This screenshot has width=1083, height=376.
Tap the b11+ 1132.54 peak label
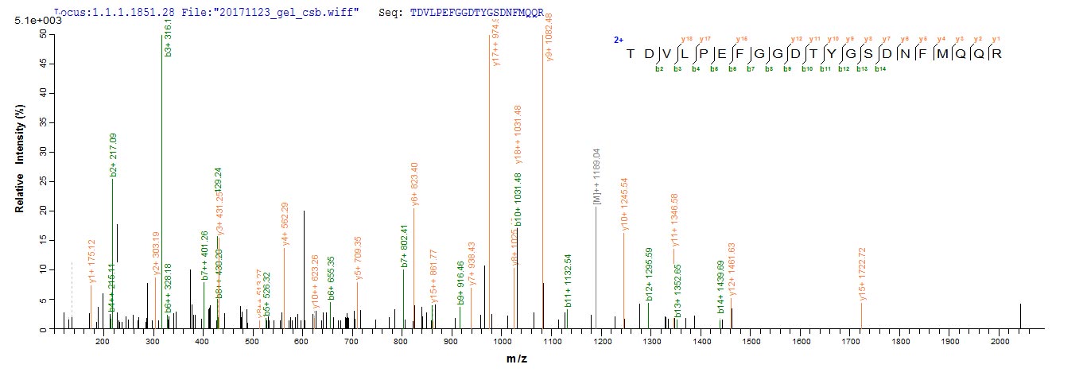click(x=568, y=281)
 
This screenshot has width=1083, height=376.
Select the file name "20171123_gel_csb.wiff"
click(x=310, y=10)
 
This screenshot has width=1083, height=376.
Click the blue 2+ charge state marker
click(x=618, y=39)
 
